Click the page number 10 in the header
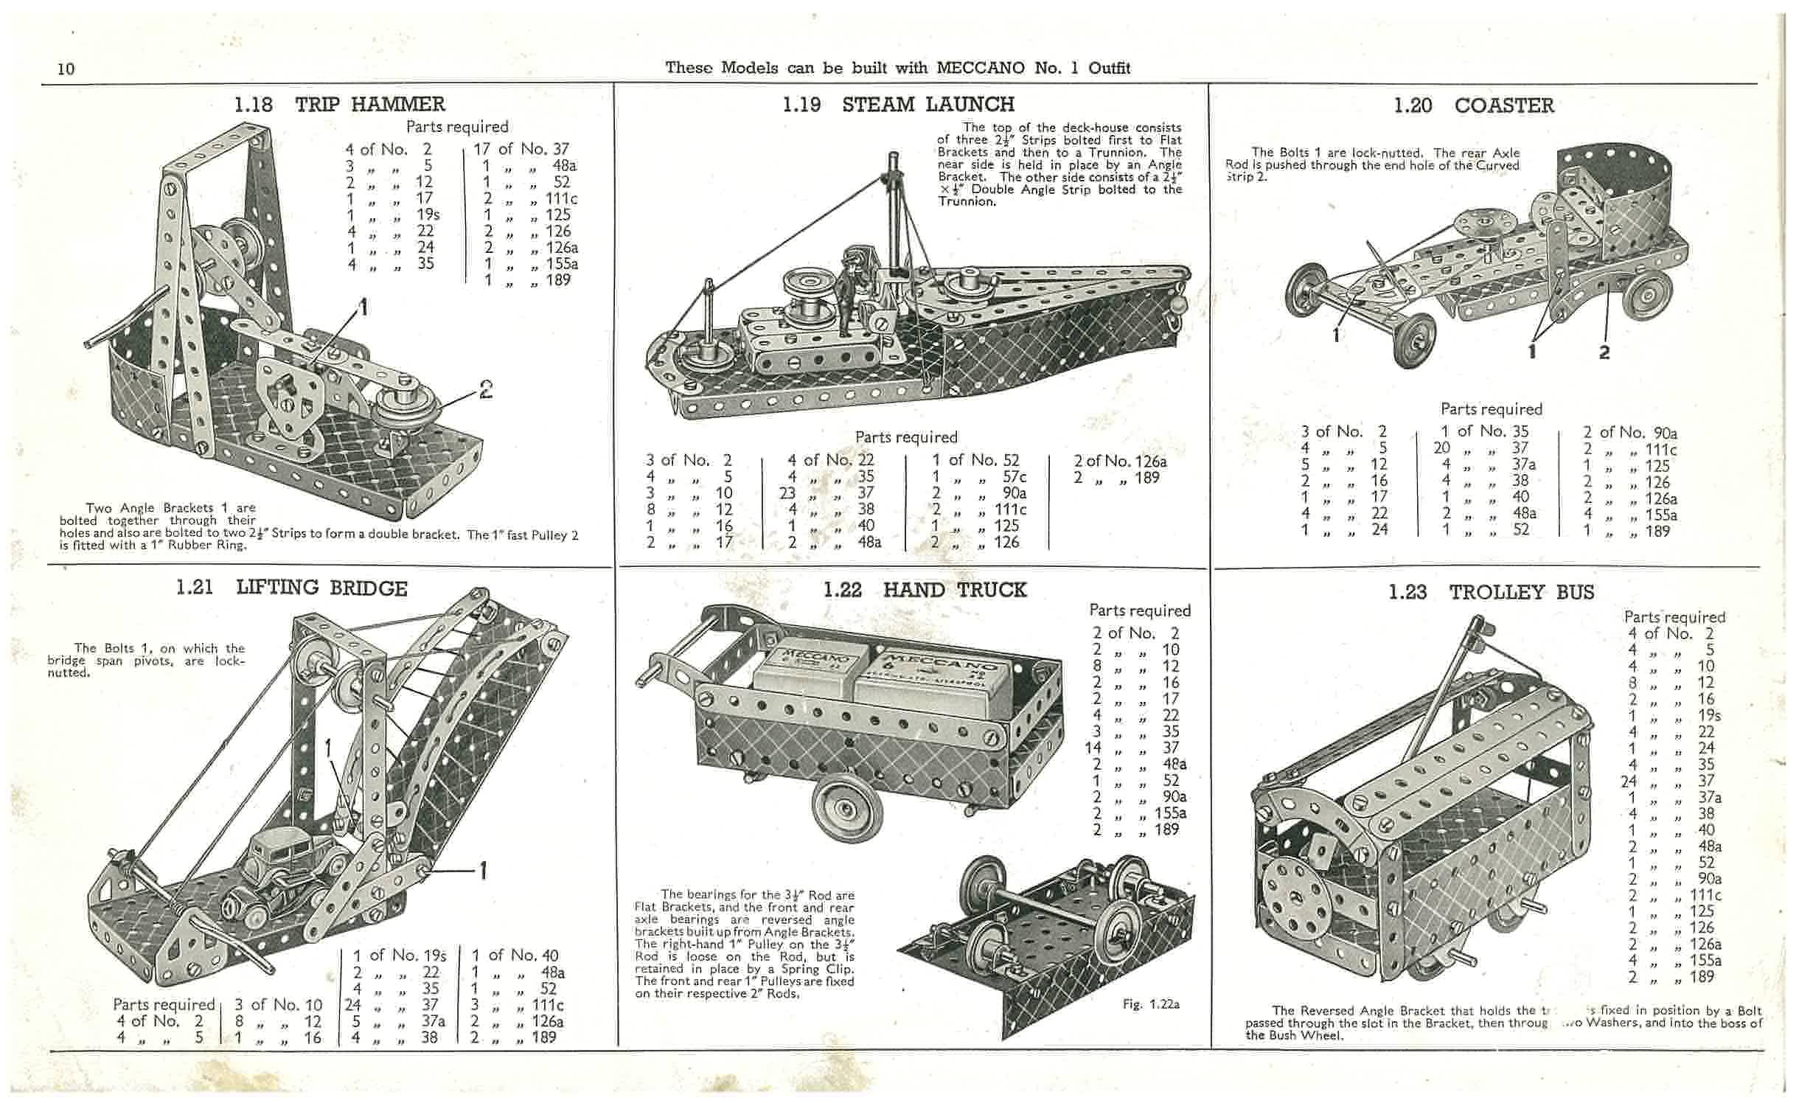pos(66,69)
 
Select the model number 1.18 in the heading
pos(253,105)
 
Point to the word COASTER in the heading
pos(1504,106)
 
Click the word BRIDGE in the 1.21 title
pos(368,588)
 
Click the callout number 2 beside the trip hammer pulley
pos(486,389)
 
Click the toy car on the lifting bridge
pos(283,881)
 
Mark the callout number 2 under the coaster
pos(1604,352)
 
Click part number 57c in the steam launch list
pos(1013,477)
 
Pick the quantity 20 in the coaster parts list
pos(1441,448)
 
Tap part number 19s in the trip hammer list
pos(428,215)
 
